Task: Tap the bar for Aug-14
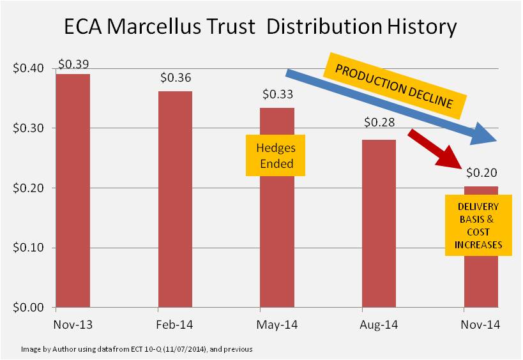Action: pos(379,223)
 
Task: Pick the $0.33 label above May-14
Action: pos(278,95)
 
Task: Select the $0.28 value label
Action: pos(379,122)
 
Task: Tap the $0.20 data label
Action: pos(481,172)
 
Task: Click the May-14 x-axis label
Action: pos(277,325)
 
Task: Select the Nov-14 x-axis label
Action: pos(481,325)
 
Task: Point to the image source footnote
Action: pos(137,349)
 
